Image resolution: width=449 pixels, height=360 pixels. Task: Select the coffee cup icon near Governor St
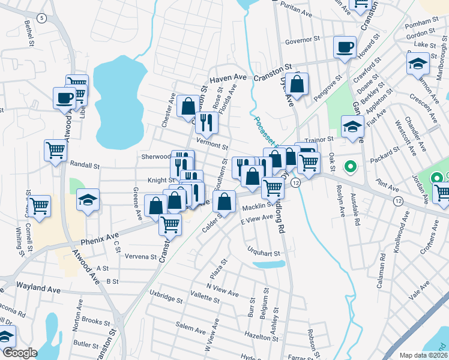(x=345, y=48)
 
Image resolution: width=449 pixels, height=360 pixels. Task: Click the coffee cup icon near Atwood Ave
(x=64, y=98)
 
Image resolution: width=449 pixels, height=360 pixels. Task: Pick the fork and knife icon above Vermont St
(x=206, y=123)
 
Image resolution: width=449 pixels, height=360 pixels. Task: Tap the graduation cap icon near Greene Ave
(x=88, y=201)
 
